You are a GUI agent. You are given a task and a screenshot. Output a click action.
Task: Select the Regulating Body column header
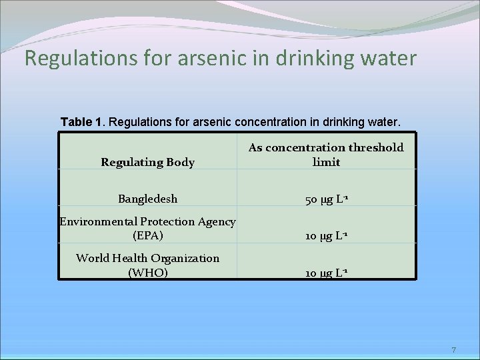(x=147, y=162)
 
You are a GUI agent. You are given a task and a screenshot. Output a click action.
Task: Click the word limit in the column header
(x=326, y=162)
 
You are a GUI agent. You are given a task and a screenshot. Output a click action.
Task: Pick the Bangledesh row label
(x=147, y=199)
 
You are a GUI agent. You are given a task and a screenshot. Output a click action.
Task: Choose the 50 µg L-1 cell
(x=326, y=199)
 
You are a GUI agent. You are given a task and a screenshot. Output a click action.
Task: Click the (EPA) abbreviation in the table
(x=147, y=235)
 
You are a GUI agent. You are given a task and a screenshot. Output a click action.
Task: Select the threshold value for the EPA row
(x=326, y=236)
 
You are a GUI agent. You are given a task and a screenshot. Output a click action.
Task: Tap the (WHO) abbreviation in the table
(x=147, y=272)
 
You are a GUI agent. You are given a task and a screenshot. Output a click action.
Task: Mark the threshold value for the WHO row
(x=326, y=273)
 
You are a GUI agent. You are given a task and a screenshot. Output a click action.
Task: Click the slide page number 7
(x=453, y=349)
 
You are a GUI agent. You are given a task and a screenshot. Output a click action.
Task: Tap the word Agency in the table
(x=215, y=221)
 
